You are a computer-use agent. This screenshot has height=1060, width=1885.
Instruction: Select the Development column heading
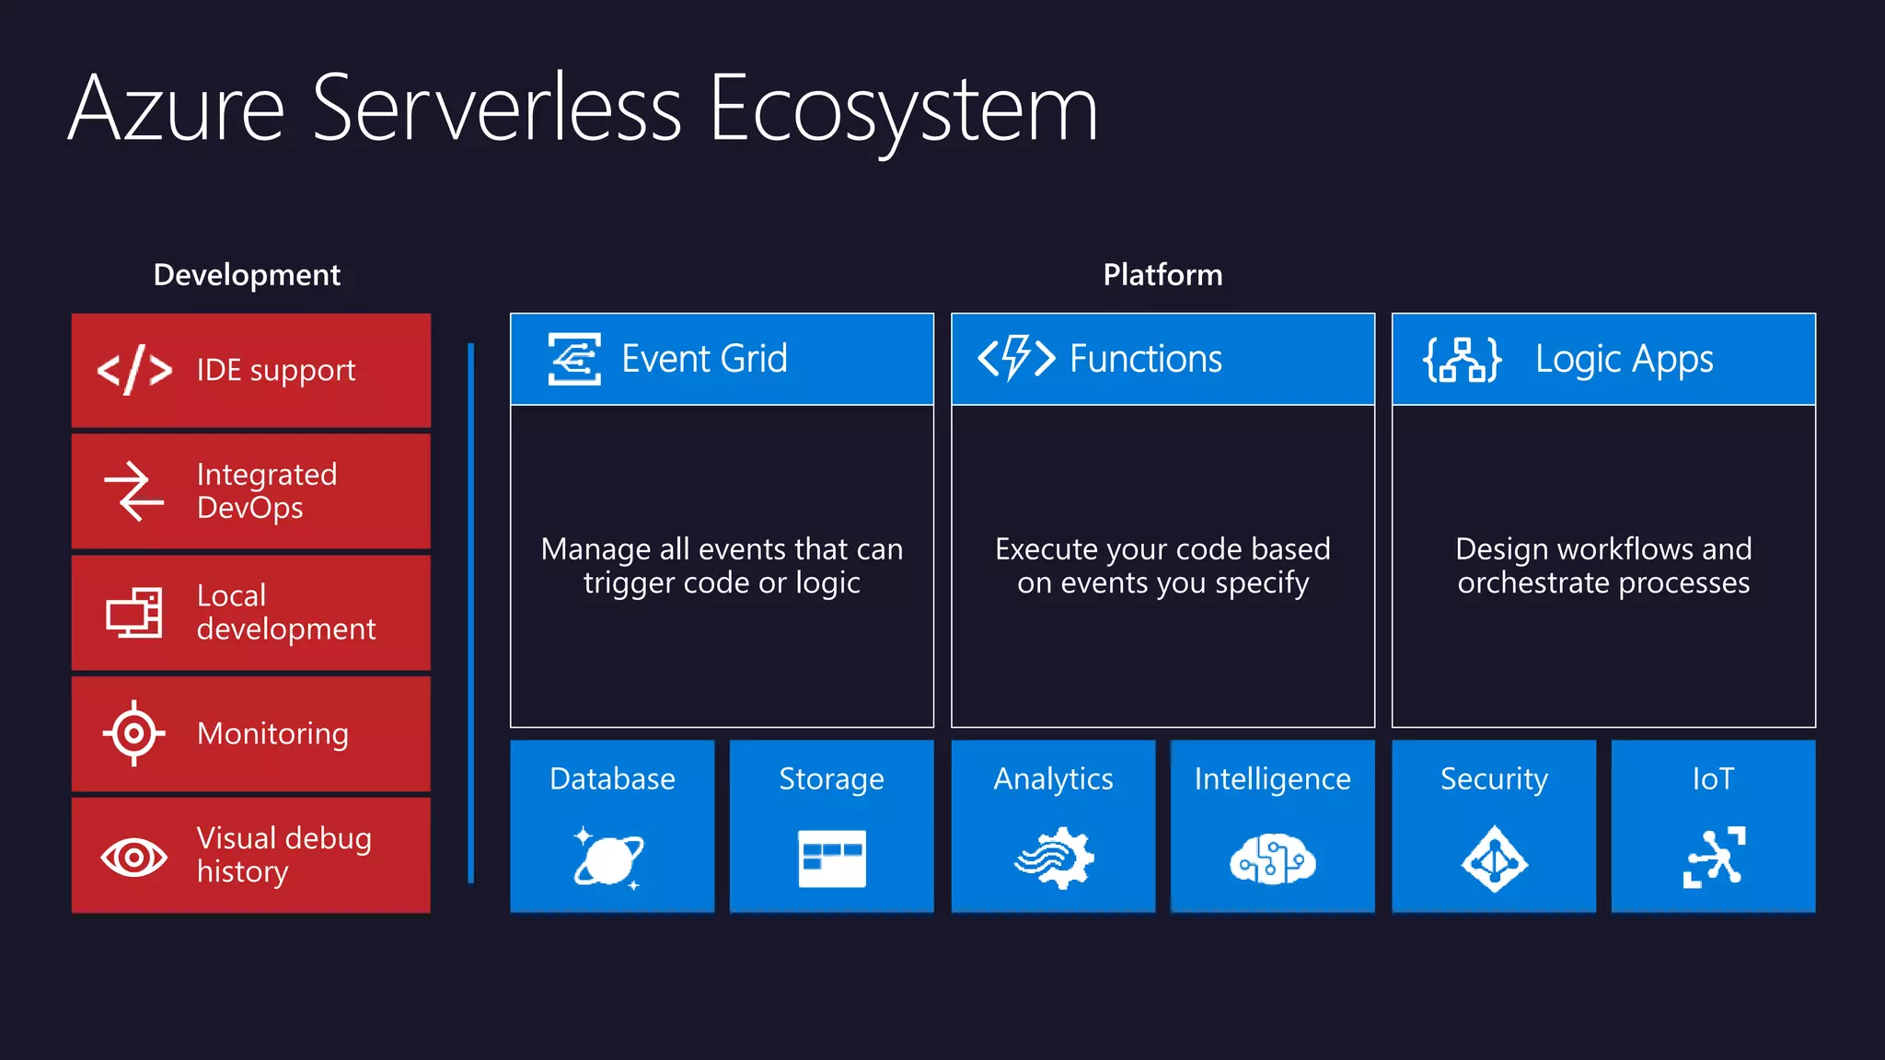[247, 275]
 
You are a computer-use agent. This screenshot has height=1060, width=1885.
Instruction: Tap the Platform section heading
[1162, 275]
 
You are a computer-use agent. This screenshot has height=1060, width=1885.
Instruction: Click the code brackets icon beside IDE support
[134, 370]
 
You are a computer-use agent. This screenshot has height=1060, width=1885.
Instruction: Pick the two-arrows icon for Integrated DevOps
[133, 490]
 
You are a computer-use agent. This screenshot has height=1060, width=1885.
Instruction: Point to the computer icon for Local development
[134, 612]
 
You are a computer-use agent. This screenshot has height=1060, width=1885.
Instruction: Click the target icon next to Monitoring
[134, 733]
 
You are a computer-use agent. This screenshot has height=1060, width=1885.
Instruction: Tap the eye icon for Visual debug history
[134, 857]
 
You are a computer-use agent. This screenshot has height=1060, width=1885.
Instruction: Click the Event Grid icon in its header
[574, 359]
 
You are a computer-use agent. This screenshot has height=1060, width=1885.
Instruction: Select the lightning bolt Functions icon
[1016, 358]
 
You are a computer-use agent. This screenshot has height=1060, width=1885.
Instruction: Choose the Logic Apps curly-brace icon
[1463, 359]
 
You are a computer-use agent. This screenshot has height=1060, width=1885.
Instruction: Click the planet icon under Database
[608, 859]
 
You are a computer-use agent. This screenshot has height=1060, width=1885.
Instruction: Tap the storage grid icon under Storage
[832, 858]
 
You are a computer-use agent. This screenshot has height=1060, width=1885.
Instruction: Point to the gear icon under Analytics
[1055, 858]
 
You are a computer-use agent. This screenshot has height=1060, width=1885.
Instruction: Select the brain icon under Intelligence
[1273, 859]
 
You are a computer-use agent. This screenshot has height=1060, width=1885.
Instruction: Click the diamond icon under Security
[1494, 859]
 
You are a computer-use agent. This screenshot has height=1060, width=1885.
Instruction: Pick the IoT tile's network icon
[1714, 858]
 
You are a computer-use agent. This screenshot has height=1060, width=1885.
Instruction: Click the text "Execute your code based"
[1162, 549]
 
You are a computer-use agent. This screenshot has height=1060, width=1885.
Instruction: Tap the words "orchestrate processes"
[1603, 583]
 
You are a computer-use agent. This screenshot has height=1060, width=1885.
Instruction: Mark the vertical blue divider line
[471, 612]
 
